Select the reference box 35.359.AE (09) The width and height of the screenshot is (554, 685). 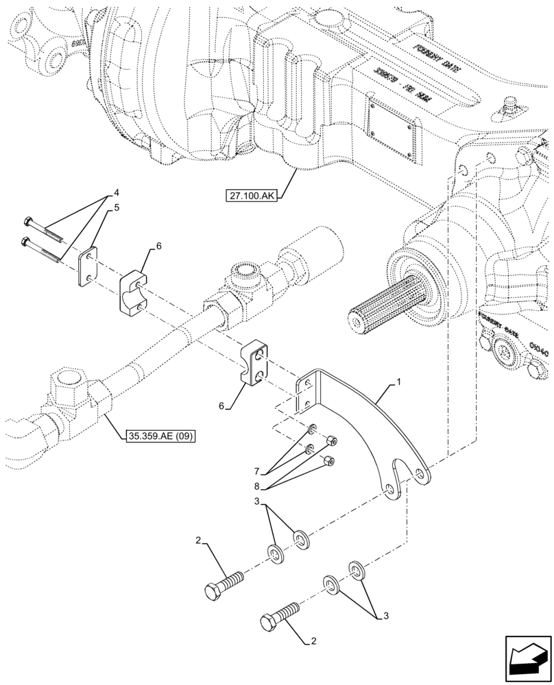(161, 434)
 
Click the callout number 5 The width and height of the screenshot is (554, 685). (117, 208)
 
